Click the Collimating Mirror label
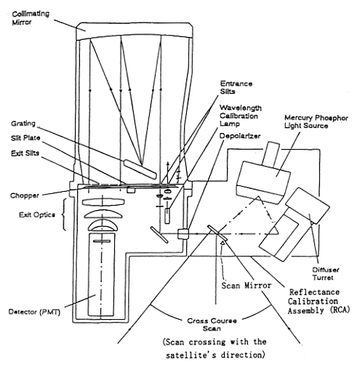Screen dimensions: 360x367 (x=31, y=17)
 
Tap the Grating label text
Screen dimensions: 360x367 (x=23, y=124)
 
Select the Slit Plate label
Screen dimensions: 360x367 (x=25, y=138)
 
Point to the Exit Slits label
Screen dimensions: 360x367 (x=25, y=153)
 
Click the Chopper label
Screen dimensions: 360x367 (x=24, y=195)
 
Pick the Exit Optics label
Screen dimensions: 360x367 (x=37, y=214)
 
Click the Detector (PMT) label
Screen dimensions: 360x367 (x=34, y=312)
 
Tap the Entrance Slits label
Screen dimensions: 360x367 (x=236, y=87)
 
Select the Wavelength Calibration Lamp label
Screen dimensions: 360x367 (x=241, y=116)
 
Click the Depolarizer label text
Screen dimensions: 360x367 (x=240, y=136)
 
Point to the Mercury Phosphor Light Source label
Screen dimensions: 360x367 (x=316, y=122)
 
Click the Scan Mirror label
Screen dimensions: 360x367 (x=246, y=286)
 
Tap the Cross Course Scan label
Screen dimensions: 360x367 (x=212, y=325)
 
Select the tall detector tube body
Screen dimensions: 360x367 (x=102, y=274)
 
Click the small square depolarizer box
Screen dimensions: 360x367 (x=183, y=234)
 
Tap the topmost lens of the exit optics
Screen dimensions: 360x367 (x=104, y=201)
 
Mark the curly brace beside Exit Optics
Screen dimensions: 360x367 (x=64, y=214)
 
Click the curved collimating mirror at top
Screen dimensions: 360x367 (x=135, y=31)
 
